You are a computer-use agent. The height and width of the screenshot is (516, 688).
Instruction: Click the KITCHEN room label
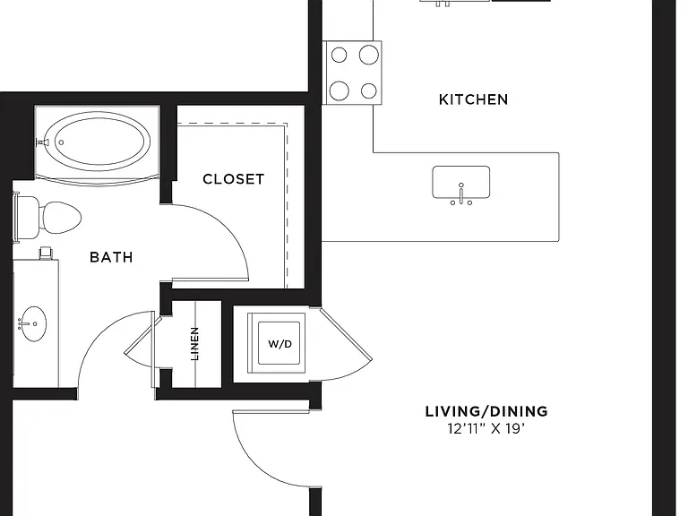click(x=473, y=99)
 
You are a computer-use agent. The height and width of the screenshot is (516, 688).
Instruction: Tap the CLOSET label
click(x=234, y=179)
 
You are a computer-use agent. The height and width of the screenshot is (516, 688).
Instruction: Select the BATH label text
click(x=111, y=257)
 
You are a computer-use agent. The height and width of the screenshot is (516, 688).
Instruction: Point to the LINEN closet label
click(x=194, y=344)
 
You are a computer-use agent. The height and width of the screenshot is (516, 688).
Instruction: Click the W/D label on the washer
click(x=279, y=344)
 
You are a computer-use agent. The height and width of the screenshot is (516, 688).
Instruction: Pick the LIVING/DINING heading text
click(x=486, y=411)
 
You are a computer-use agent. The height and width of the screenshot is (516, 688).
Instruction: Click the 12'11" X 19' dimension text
click(x=486, y=428)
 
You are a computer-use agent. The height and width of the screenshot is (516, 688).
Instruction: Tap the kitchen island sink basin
click(x=461, y=182)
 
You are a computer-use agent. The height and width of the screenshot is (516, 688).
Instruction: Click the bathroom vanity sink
click(x=34, y=323)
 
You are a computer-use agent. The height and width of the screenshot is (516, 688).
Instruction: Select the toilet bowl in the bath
click(x=61, y=218)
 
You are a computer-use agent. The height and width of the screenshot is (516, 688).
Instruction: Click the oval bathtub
click(x=98, y=142)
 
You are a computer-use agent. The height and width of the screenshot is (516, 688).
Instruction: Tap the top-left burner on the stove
click(x=339, y=56)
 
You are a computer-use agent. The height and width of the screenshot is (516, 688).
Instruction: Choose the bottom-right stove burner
click(x=369, y=90)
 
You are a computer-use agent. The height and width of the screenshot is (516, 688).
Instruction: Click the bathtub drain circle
click(x=62, y=142)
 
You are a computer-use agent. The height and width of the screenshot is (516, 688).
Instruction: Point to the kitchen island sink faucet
click(x=461, y=193)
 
